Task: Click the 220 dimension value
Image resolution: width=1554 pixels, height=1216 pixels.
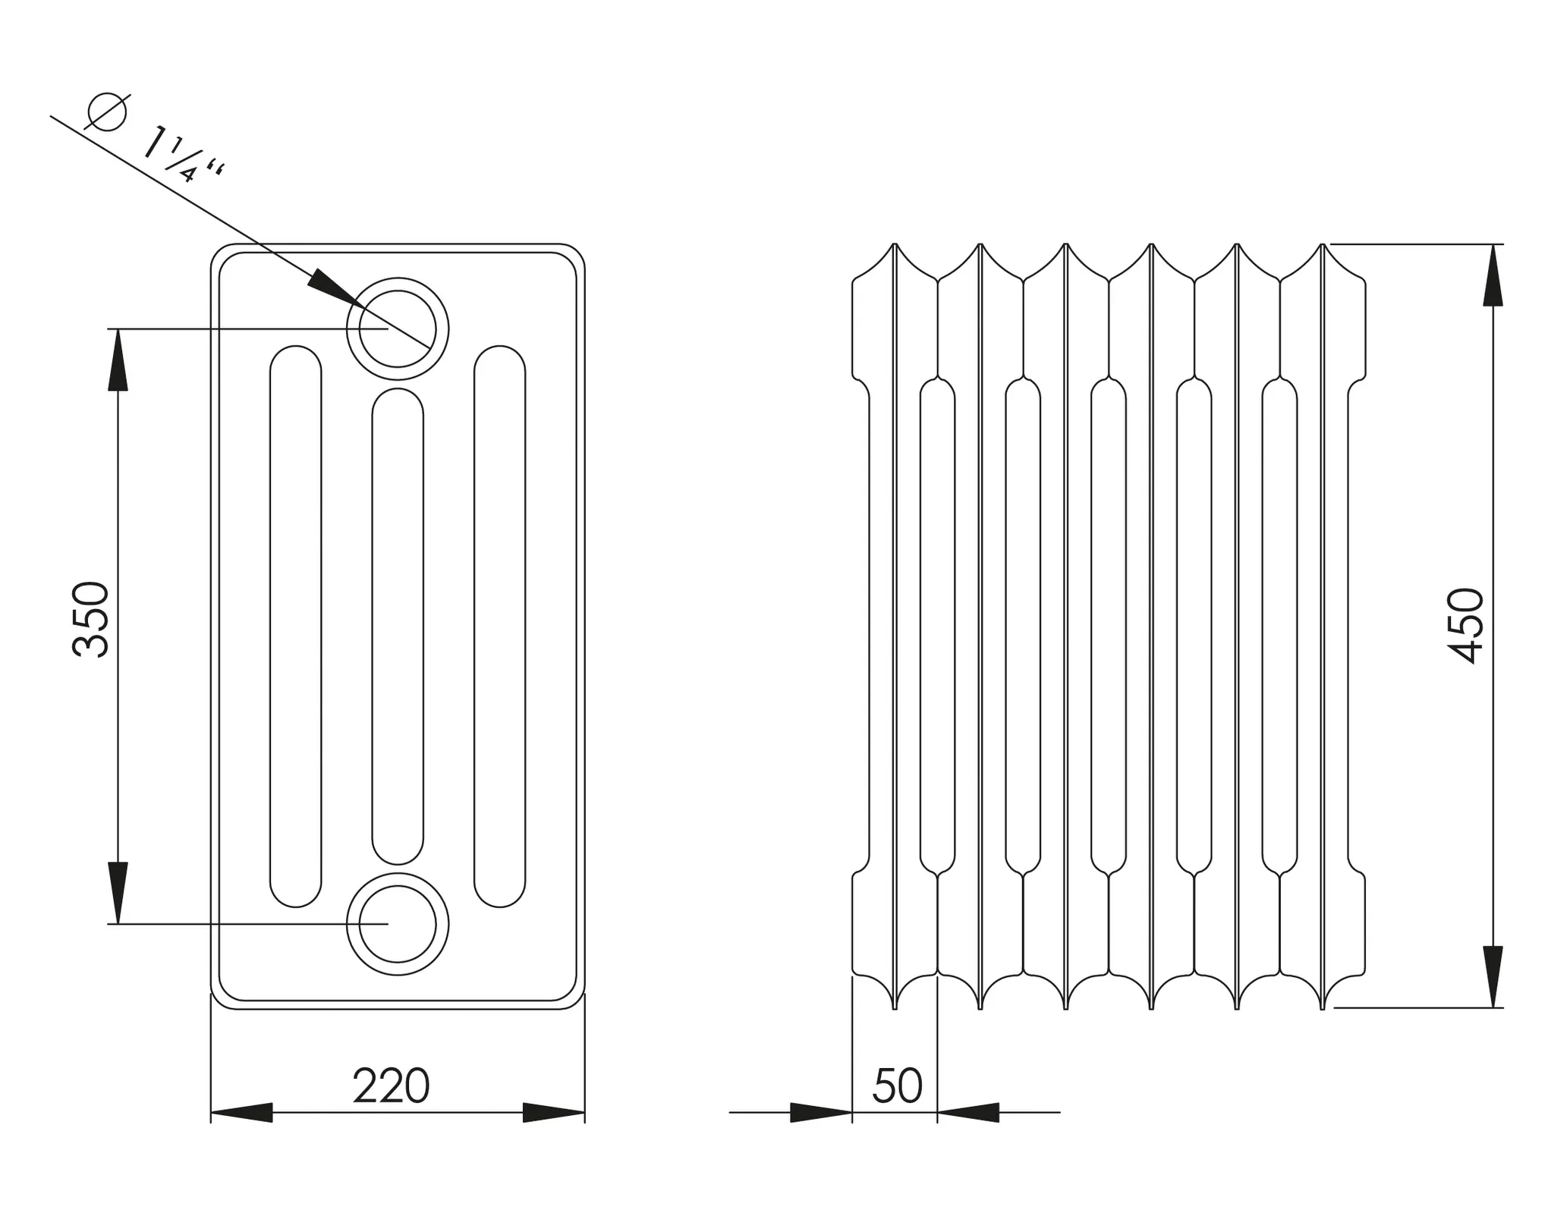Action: pos(392,1086)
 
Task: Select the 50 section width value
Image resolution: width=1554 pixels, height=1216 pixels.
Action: pos(898,1086)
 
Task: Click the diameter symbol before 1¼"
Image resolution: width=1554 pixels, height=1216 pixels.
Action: pos(106,112)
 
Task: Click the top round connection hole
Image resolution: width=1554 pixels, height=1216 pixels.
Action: pos(398,328)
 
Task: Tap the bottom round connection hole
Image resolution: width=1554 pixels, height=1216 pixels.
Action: pos(398,924)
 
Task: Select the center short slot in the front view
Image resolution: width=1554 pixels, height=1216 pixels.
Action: pos(398,626)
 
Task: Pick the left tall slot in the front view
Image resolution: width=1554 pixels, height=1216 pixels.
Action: pos(296,626)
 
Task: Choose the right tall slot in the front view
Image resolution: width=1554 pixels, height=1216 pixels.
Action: pos(499,626)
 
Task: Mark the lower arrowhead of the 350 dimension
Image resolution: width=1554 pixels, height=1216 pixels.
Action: pos(118,892)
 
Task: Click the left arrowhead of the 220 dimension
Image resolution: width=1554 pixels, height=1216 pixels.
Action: pos(241,1113)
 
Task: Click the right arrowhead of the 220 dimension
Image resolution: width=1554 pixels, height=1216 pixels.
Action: pos(554,1113)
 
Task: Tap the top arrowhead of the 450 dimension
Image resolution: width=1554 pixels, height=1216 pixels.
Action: pos(1493,275)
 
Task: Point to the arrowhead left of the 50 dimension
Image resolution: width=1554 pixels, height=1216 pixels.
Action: pos(821,1113)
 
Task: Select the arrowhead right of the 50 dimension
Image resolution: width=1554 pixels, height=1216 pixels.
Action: pos(969,1113)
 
